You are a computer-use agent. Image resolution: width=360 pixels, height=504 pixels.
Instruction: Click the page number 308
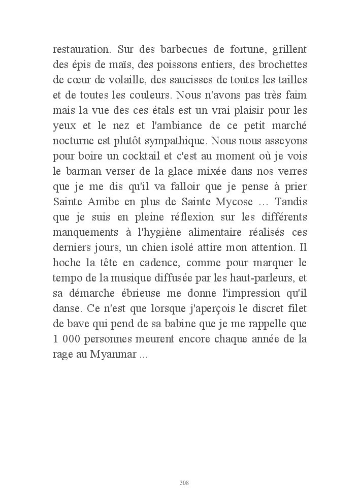coord(184,482)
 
